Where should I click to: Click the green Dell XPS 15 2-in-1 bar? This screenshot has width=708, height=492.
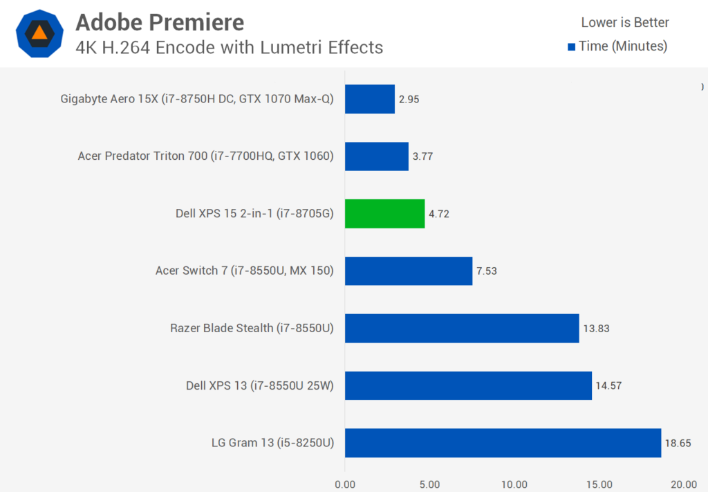(384, 214)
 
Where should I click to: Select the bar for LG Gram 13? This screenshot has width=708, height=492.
(503, 443)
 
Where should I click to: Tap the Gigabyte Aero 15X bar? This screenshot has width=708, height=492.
(369, 99)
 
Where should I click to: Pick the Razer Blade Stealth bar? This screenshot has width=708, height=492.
(462, 328)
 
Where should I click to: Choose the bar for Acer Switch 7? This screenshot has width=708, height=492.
(408, 271)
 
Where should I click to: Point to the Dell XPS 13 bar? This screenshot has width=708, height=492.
(468, 385)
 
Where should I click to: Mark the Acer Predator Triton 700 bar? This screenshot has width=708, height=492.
(376, 156)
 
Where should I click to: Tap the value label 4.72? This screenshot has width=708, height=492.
(440, 214)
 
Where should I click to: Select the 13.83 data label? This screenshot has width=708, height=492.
(596, 328)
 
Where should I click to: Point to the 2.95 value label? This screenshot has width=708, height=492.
(408, 99)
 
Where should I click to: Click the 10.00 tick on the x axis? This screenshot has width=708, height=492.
(514, 484)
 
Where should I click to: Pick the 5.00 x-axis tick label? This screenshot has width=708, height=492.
(429, 484)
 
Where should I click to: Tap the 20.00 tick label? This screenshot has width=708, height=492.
(684, 484)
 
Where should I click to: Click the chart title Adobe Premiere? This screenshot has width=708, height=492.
(160, 22)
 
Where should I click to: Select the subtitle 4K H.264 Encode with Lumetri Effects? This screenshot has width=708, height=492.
(229, 47)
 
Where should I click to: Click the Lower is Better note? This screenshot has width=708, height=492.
(625, 22)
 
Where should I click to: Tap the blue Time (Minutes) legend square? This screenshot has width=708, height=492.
(571, 47)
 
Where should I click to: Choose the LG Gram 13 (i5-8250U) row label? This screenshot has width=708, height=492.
(273, 443)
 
